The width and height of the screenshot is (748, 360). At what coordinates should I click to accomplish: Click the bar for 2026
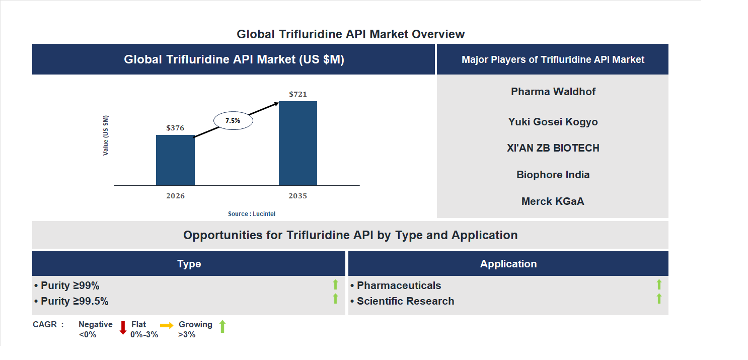(175, 160)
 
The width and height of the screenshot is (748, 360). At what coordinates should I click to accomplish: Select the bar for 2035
(298, 143)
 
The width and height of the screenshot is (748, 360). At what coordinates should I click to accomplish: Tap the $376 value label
(175, 128)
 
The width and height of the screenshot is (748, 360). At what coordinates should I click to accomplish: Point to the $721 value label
(298, 94)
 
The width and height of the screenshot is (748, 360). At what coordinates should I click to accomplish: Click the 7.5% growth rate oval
(233, 121)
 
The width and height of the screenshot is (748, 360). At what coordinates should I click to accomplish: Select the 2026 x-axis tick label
(175, 196)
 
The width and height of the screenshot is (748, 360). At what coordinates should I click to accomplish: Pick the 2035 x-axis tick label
(298, 196)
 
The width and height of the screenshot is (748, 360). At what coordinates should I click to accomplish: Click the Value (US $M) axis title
(106, 135)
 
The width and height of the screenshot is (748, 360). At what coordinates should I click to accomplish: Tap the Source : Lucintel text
(252, 214)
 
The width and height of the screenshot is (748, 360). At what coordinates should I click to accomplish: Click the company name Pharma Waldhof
(553, 92)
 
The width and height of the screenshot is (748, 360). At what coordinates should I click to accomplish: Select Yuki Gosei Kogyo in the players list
(553, 122)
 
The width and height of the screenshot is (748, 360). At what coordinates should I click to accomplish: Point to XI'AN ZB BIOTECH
(553, 148)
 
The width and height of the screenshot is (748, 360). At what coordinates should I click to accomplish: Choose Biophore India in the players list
(553, 175)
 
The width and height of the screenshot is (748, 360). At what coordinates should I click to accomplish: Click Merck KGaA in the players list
(553, 201)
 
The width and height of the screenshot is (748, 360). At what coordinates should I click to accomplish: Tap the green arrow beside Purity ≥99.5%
(335, 299)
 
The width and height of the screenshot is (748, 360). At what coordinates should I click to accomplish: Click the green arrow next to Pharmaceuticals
(659, 285)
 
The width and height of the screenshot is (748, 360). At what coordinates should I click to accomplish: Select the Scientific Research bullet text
(405, 301)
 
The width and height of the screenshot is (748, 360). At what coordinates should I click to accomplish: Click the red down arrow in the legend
(123, 328)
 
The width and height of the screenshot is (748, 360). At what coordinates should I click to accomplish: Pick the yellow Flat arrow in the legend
(167, 326)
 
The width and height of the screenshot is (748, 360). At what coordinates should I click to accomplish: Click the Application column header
(508, 264)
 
